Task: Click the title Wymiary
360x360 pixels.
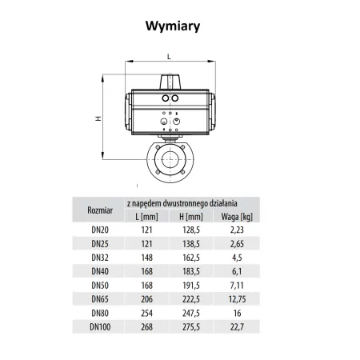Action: [173, 26]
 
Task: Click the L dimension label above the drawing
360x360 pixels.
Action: [169, 57]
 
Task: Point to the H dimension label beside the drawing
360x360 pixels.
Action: [98, 118]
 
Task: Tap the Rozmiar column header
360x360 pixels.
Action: [100, 210]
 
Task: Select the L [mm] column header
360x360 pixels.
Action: [146, 217]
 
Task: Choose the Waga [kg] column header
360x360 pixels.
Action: [237, 217]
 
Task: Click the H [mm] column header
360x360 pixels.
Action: [191, 217]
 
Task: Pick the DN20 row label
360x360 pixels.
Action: [100, 230]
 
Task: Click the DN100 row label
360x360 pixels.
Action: [100, 327]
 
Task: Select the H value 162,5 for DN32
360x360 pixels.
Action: [191, 258]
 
